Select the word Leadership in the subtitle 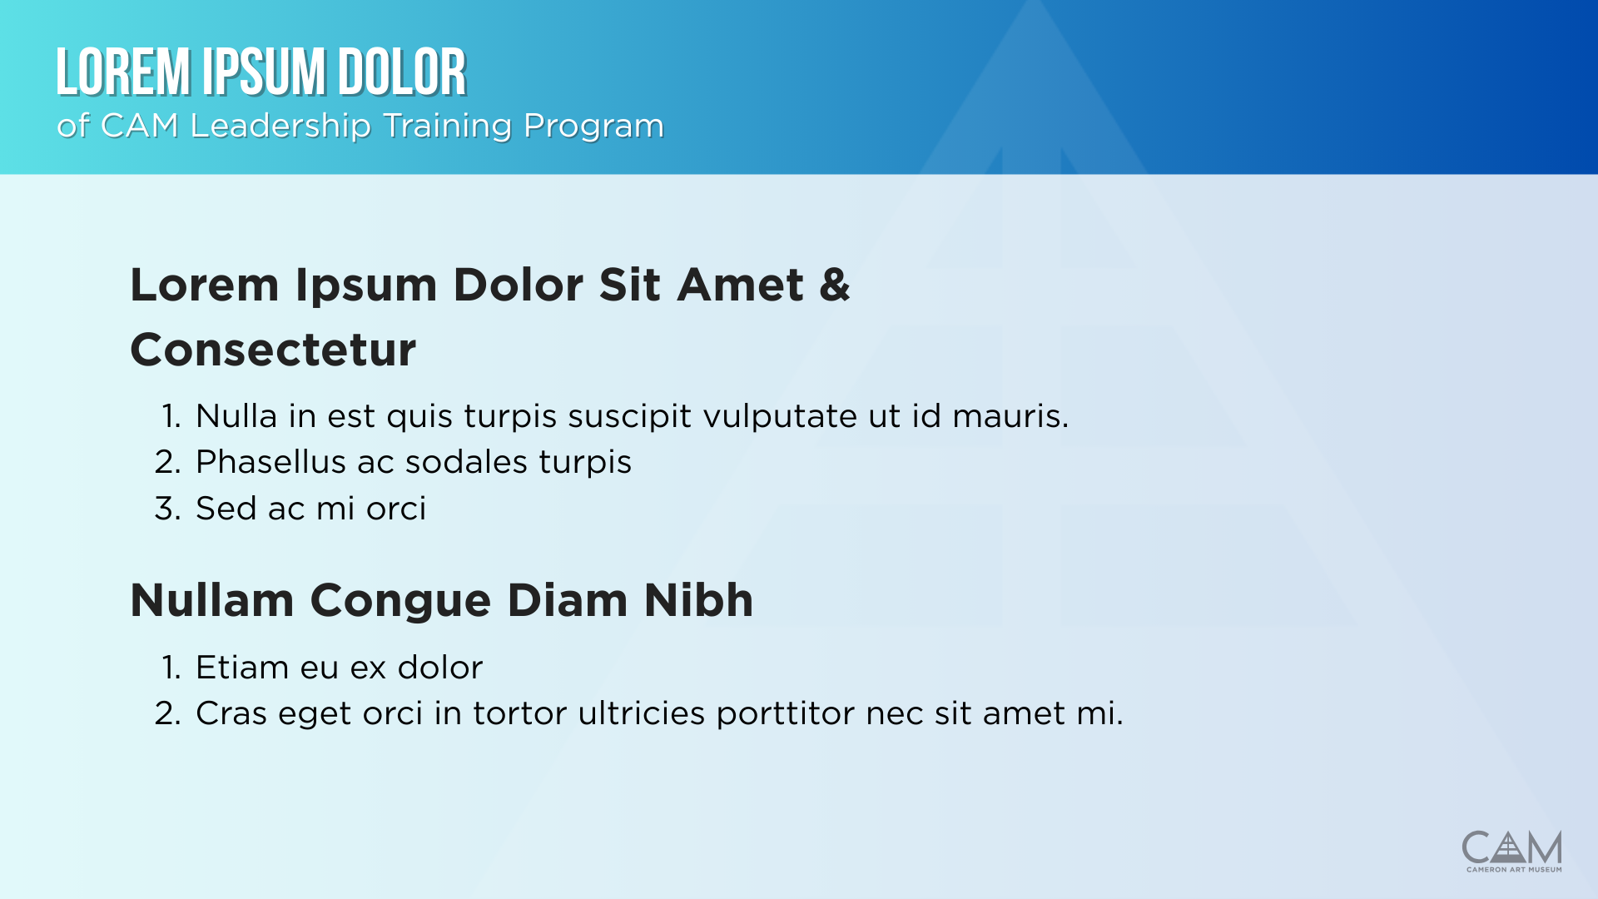[x=280, y=126]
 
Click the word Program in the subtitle [x=593, y=127]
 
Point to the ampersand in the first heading [x=835, y=285]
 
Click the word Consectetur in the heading [x=273, y=350]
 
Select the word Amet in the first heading [x=740, y=285]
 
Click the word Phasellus [x=270, y=462]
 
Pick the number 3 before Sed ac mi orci [x=166, y=509]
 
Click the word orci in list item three [x=396, y=509]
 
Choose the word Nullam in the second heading [x=212, y=600]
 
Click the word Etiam [x=242, y=668]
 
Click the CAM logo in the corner [x=1511, y=847]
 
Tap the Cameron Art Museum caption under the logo [x=1514, y=870]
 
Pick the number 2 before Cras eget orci [x=166, y=713]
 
